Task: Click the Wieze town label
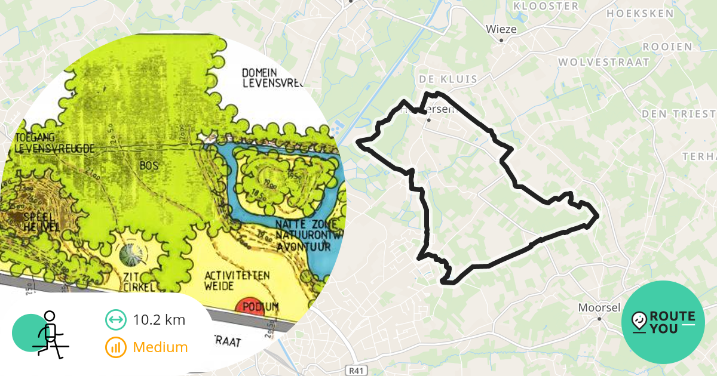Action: [x=501, y=29]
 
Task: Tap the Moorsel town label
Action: [x=599, y=308]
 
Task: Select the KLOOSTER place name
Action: [x=546, y=6]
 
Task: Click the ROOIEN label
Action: [x=667, y=47]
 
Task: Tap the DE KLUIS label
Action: [x=448, y=79]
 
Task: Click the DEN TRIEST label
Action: [x=678, y=113]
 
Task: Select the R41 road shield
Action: [x=356, y=371]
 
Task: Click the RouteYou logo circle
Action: [x=663, y=322]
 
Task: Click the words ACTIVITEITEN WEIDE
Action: [x=237, y=281]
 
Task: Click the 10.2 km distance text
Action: [x=159, y=320]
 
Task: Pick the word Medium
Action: [x=160, y=347]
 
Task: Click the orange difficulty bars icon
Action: [x=115, y=347]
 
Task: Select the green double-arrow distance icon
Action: [x=115, y=320]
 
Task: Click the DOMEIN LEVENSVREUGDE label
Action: [x=272, y=78]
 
